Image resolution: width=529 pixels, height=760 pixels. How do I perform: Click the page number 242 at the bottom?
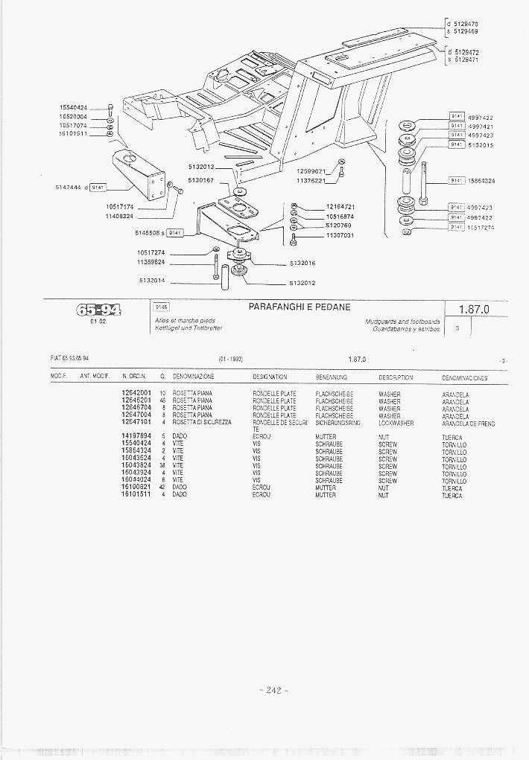(x=273, y=691)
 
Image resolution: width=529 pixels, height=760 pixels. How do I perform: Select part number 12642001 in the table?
(x=136, y=393)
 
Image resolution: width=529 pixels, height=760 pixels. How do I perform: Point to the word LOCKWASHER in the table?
(x=396, y=423)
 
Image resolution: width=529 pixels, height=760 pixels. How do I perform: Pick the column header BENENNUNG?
(x=332, y=377)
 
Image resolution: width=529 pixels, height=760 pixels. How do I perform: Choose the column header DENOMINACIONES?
(x=465, y=378)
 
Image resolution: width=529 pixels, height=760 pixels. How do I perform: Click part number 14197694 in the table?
(x=136, y=436)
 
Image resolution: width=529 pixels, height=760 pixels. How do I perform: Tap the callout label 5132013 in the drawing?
(x=201, y=167)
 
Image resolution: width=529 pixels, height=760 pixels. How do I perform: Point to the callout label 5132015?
(x=481, y=145)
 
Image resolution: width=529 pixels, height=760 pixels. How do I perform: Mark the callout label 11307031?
(x=340, y=235)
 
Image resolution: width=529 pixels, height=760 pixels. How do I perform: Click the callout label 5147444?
(x=70, y=187)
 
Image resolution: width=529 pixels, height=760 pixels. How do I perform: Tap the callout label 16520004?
(x=73, y=117)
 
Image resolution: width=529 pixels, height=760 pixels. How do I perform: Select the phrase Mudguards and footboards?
(x=402, y=321)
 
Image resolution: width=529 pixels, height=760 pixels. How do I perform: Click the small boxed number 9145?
(x=161, y=306)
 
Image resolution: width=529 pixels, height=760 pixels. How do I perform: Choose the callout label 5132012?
(x=303, y=283)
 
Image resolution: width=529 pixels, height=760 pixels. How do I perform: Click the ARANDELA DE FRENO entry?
(x=469, y=423)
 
